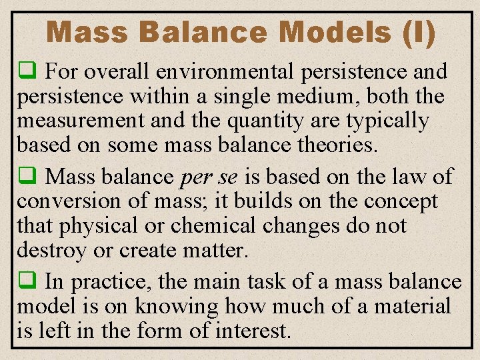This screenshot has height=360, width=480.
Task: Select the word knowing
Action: pyautogui.click(x=177, y=307)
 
